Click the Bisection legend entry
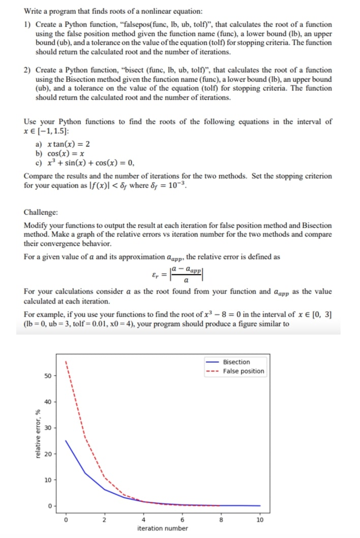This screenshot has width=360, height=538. (x=236, y=362)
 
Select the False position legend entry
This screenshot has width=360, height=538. (x=244, y=371)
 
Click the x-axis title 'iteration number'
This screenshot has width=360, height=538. (x=162, y=529)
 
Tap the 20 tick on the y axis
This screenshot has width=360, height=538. (x=47, y=454)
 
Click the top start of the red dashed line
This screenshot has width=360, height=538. (x=66, y=362)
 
